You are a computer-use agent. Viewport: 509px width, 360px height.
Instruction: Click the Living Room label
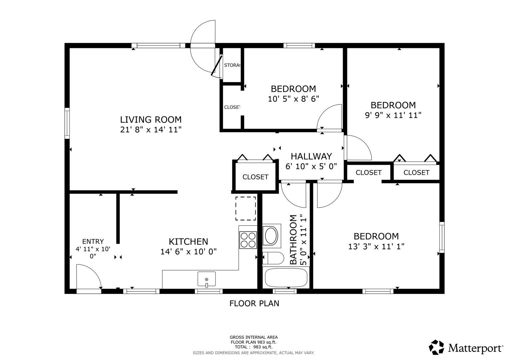(151, 119)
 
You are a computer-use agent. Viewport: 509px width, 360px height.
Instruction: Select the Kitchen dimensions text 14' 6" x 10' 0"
(188, 252)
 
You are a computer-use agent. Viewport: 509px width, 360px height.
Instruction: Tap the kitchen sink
(206, 279)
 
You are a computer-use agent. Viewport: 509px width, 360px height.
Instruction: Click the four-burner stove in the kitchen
(248, 240)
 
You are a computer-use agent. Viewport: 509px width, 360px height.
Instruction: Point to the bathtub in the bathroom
(286, 278)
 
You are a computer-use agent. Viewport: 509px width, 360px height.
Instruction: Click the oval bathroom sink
(271, 236)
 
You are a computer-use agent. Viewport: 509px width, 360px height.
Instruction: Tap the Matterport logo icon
(436, 347)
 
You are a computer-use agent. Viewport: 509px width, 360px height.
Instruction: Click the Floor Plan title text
(254, 303)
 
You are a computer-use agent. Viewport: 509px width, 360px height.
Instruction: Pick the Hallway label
(311, 156)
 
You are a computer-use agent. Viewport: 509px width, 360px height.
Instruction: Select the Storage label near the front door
(232, 65)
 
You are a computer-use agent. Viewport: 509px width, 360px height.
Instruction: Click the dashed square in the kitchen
(246, 208)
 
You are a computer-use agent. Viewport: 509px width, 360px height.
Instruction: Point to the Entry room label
(93, 241)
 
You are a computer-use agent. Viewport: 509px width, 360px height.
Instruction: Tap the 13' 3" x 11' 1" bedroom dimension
(376, 247)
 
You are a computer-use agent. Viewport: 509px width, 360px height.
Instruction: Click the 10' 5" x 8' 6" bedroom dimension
(293, 99)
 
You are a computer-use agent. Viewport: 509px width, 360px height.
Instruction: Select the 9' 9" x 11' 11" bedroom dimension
(393, 115)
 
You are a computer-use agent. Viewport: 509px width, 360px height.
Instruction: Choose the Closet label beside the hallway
(255, 177)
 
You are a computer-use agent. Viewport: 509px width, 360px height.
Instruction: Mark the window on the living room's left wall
(67, 123)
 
